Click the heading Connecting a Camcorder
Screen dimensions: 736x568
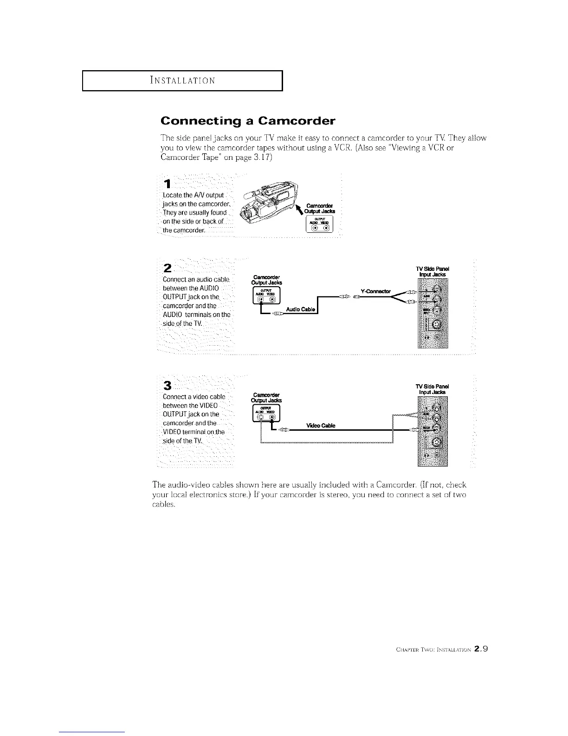coord(247,121)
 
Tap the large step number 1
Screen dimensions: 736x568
coord(166,185)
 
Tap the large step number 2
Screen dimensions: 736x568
coord(168,268)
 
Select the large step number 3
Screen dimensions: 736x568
coord(168,386)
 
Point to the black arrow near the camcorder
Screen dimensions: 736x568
coord(300,213)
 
